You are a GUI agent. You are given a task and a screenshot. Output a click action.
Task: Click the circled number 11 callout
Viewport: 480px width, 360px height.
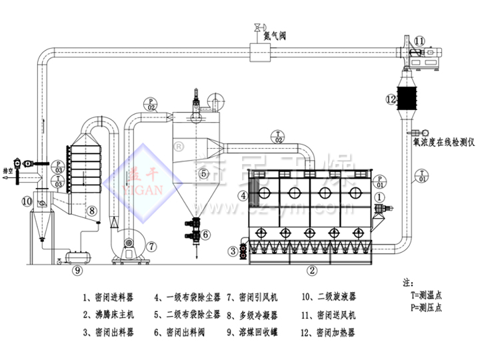pyautogui.click(x=418, y=41)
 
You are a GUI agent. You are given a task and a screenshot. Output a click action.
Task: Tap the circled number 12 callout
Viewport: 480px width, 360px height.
pyautogui.click(x=392, y=99)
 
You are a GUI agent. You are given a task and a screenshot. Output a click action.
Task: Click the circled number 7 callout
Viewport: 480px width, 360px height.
pyautogui.click(x=153, y=247)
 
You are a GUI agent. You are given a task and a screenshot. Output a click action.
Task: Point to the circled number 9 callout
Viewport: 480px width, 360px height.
pyautogui.click(x=77, y=270)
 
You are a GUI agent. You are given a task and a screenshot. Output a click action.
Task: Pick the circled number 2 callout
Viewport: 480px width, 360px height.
pyautogui.click(x=311, y=270)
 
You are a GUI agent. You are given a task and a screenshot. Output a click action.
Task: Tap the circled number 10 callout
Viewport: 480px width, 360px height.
pyautogui.click(x=26, y=200)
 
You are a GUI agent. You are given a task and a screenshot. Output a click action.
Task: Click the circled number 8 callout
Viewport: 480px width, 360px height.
pyautogui.click(x=92, y=210)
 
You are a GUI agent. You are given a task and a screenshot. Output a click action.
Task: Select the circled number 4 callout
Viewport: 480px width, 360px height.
pyautogui.click(x=244, y=195)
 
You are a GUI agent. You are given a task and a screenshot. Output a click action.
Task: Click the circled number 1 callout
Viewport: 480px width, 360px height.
pyautogui.click(x=379, y=197)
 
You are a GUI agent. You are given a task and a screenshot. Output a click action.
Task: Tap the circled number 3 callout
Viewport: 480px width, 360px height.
pyautogui.click(x=233, y=251)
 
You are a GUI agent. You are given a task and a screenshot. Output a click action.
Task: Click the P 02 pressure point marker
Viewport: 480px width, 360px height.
pyautogui.click(x=151, y=103)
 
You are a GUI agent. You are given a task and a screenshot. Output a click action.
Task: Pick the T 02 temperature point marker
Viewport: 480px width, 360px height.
pyautogui.click(x=278, y=137)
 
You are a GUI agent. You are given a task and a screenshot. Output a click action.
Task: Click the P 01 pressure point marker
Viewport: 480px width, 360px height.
pyautogui.click(x=379, y=180)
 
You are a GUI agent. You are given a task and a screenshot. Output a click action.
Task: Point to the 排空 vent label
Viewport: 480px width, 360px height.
pyautogui.click(x=8, y=170)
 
